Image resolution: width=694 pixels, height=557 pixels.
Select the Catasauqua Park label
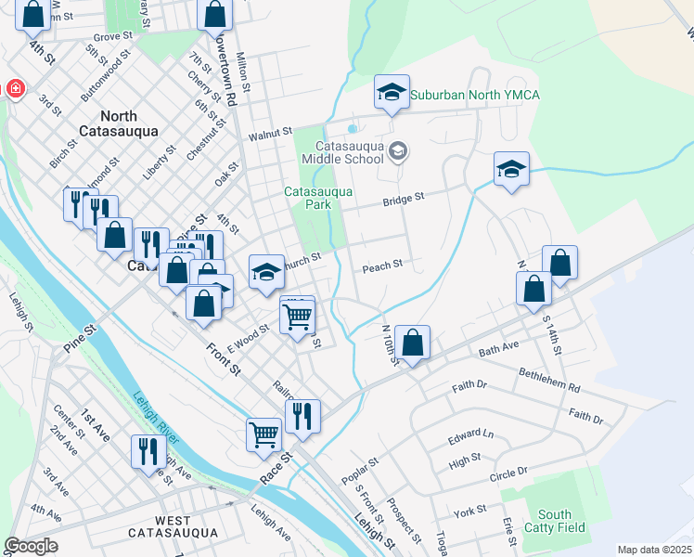tap(318, 198)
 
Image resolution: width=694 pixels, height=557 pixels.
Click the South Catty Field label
tap(555, 521)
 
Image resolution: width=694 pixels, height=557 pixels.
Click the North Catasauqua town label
tap(119, 123)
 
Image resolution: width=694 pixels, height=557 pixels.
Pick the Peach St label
tap(381, 266)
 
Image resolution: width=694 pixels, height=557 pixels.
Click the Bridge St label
tap(404, 198)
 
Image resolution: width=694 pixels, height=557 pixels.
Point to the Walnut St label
tap(270, 136)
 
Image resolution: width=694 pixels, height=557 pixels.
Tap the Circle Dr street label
tap(508, 473)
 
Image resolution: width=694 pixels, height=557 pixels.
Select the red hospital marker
tap(16, 89)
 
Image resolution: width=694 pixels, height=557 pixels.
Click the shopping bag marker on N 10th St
tap(413, 343)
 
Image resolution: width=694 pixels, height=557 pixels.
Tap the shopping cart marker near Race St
tap(263, 434)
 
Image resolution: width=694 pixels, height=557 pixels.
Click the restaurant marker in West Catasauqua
tap(148, 452)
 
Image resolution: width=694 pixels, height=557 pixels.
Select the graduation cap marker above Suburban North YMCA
tap(392, 92)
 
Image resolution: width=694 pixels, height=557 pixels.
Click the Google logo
tap(31, 546)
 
